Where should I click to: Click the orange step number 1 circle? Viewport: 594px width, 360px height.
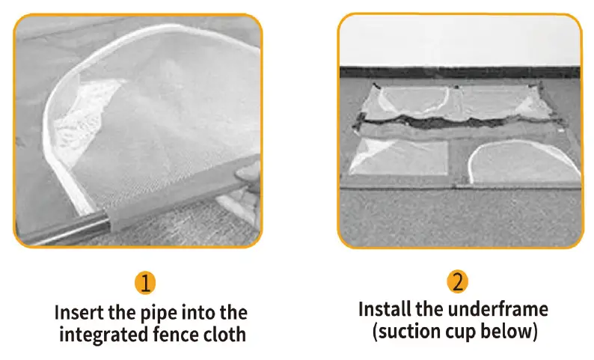(x=147, y=283)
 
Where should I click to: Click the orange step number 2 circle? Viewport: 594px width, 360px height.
(x=458, y=283)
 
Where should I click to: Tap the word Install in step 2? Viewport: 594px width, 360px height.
(x=388, y=309)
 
